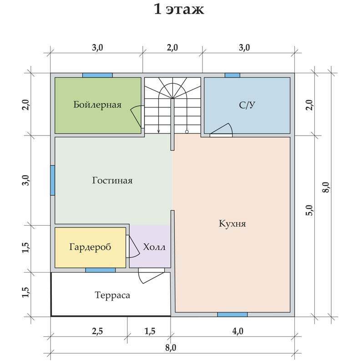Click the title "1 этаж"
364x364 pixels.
point(179,10)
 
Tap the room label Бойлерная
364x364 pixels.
point(97,105)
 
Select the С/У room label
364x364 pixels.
point(247,105)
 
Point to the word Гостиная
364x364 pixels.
point(112,180)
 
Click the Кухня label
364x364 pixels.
point(232,223)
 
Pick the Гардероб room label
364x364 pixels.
point(90,247)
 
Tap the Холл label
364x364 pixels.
point(154,247)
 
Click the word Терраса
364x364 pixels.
point(112,295)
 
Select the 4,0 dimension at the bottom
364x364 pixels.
point(238,331)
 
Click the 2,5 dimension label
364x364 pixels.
point(97,331)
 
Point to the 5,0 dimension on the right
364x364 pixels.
point(309,210)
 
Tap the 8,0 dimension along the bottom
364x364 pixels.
point(171,348)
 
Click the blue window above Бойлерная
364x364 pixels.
point(97,75)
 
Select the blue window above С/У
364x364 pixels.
point(233,75)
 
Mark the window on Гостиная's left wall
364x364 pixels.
point(53,180)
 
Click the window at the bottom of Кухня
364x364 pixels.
point(233,314)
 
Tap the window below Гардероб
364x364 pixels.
point(101,270)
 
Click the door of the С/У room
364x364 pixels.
point(221,130)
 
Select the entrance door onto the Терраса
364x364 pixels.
point(152,276)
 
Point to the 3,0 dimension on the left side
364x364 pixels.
point(27,180)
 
